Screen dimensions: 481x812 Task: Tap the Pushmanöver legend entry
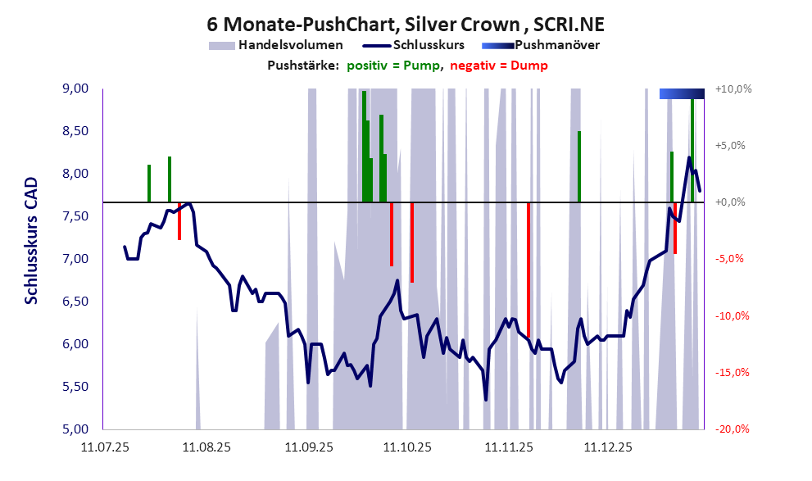tap(557, 45)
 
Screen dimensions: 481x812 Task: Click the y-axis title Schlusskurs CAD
tap(31, 241)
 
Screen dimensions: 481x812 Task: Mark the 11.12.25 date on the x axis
tap(608, 447)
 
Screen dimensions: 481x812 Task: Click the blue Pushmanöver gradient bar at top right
tap(682, 94)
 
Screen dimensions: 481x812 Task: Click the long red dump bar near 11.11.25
tap(528, 270)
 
